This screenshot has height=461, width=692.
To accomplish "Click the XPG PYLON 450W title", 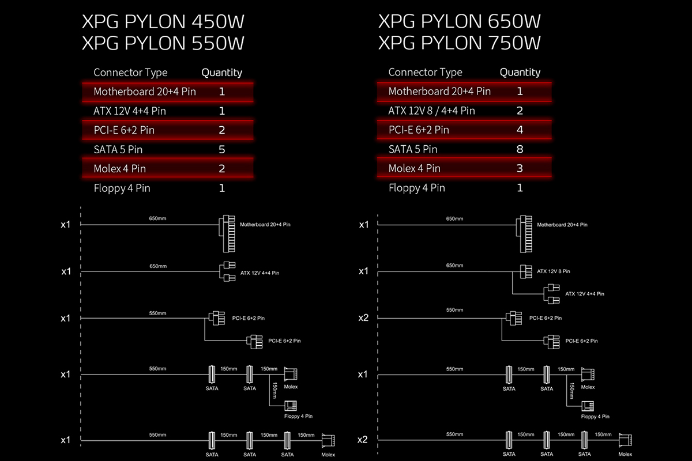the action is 163,22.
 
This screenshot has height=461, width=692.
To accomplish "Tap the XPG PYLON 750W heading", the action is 460,43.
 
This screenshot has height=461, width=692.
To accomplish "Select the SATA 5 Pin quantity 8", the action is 520,149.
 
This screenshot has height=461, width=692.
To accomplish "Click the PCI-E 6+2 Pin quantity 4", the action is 520,130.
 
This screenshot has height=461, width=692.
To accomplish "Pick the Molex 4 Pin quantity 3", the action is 520,168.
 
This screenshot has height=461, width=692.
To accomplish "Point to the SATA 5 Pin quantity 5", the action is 222,149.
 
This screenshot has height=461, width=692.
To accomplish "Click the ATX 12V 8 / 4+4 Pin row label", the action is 431,111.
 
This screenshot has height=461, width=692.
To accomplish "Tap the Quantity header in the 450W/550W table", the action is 222,73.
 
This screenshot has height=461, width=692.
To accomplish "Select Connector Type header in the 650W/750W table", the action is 426,72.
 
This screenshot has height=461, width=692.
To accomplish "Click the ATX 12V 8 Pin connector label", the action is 553,271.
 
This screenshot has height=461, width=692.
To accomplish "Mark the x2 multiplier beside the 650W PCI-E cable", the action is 363,318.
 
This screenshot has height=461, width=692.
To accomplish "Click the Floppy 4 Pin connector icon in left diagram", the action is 291,406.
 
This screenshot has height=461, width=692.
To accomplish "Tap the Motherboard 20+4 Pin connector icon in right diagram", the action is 524,234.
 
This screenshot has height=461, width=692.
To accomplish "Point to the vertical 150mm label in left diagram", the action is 274,390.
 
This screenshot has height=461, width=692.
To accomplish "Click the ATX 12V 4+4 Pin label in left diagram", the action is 260,273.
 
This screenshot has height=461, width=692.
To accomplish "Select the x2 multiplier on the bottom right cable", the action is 362,440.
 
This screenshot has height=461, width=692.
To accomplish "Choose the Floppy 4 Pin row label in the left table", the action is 122,188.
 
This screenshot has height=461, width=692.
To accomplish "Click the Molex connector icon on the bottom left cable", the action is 328,441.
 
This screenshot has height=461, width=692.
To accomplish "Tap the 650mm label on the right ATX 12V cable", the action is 454,266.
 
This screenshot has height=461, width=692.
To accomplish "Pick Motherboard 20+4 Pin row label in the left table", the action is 145,92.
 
